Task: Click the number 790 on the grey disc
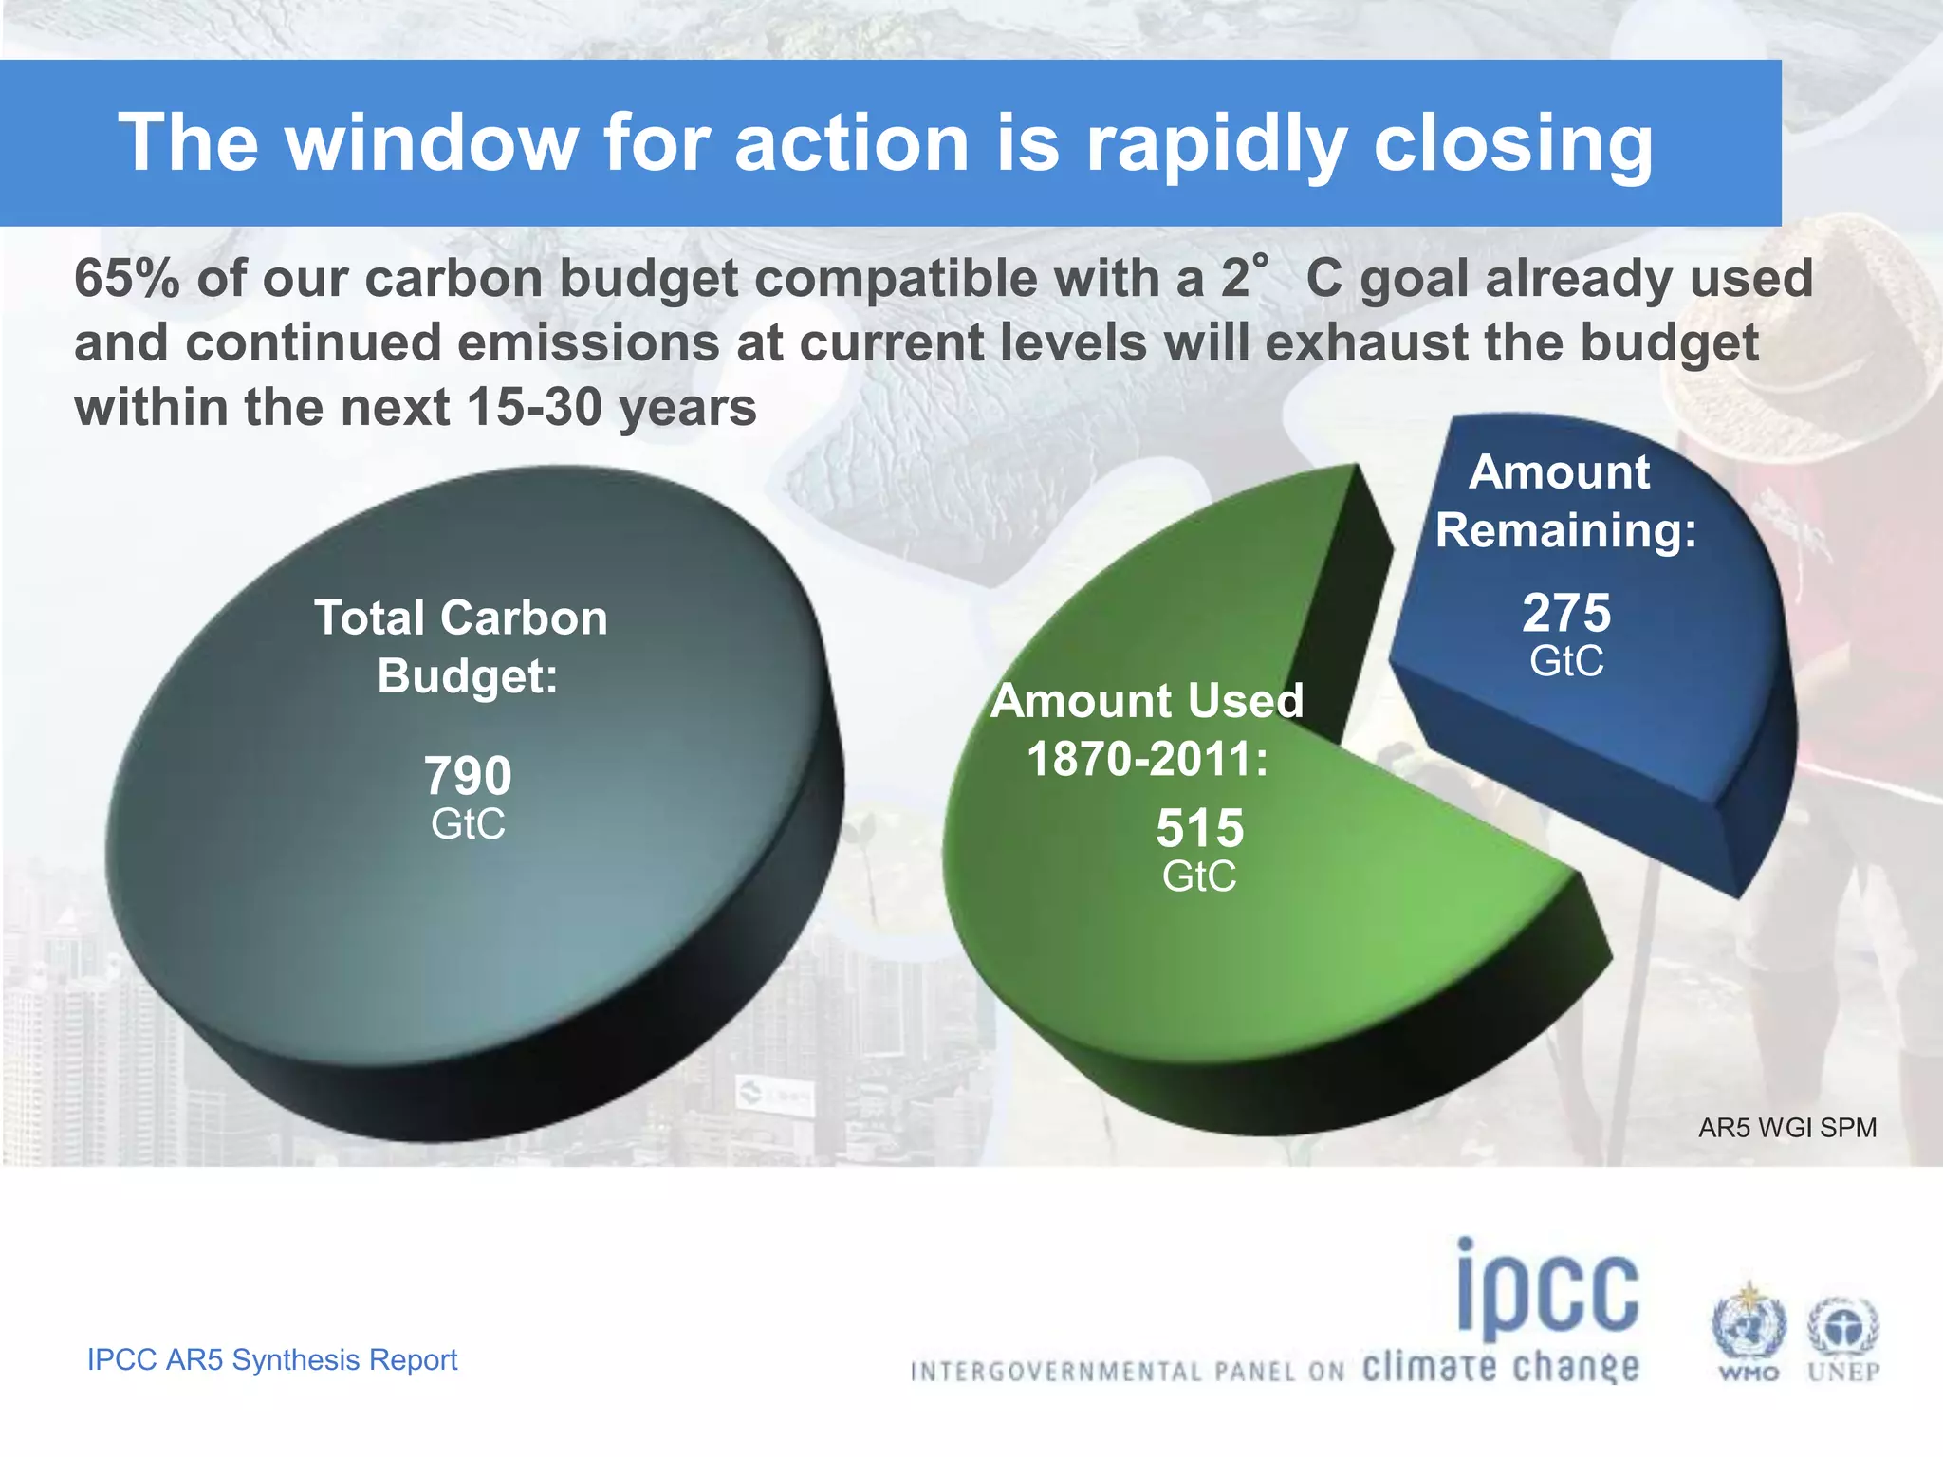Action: [468, 776]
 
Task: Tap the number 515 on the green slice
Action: [1199, 829]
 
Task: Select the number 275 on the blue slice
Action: [1566, 613]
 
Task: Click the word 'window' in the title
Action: [432, 143]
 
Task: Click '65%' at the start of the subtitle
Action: [126, 280]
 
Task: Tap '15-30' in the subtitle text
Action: [534, 408]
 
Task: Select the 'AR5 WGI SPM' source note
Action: [1786, 1128]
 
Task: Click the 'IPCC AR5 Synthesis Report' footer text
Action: [272, 1359]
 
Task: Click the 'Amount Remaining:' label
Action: [1564, 501]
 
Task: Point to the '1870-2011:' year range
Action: [1147, 760]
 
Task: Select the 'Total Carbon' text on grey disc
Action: [461, 618]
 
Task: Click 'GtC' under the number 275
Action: [1566, 661]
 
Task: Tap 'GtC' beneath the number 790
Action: [468, 824]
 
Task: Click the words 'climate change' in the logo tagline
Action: [1500, 1368]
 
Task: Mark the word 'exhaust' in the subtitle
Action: [1366, 343]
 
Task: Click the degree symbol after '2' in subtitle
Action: [1260, 260]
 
